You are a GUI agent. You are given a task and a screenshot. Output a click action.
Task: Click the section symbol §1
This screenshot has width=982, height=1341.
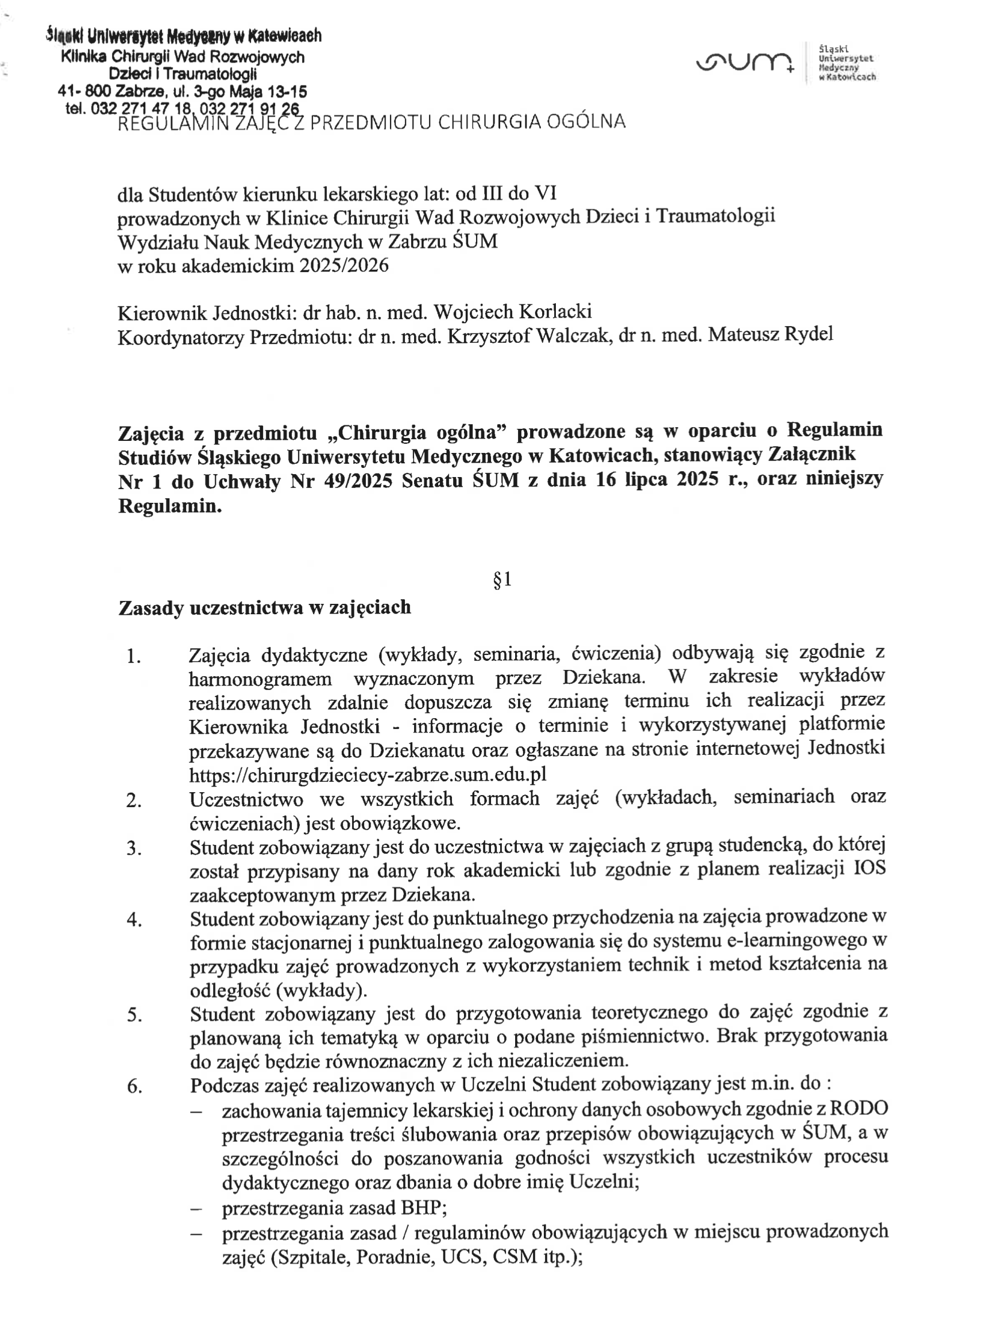point(502,579)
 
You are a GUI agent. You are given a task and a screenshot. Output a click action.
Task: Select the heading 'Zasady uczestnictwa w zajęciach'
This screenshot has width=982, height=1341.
point(265,607)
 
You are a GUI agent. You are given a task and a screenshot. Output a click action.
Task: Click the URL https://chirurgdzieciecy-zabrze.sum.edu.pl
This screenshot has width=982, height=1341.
point(368,775)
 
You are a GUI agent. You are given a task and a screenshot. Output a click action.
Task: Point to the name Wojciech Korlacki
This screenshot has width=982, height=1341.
point(512,312)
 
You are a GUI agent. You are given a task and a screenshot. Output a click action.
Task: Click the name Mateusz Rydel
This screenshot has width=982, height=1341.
point(771,335)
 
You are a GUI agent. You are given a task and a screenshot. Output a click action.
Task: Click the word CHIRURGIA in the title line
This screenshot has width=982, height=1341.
point(486,122)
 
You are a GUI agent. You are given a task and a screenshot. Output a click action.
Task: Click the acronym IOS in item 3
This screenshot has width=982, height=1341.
point(869,869)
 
